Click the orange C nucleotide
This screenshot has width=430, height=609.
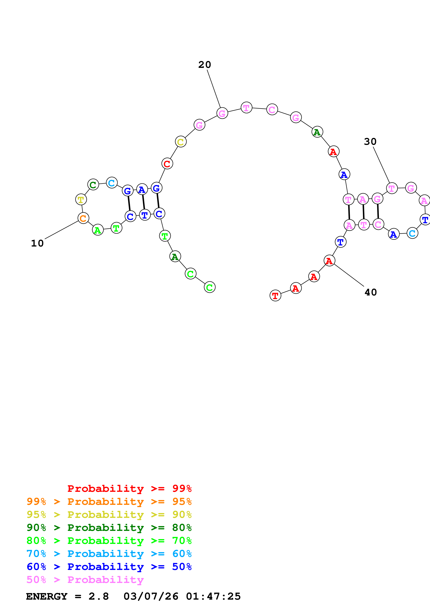(83, 218)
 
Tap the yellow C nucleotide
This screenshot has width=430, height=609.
(181, 142)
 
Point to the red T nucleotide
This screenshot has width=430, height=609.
(275, 295)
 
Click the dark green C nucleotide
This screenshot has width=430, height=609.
(93, 184)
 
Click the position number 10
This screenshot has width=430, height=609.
(37, 243)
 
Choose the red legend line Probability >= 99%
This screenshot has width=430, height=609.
(129, 489)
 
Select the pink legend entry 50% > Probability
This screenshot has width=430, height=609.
(85, 579)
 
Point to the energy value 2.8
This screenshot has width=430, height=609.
(99, 596)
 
